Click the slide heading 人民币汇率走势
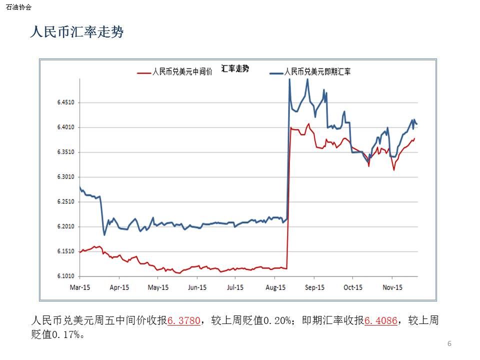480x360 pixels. coord(77,32)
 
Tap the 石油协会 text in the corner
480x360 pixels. coord(18,7)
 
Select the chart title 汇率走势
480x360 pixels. coord(235,68)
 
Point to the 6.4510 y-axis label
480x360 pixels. coord(66,102)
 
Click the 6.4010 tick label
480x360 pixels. coord(66,127)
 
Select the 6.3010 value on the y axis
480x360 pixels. coord(66,176)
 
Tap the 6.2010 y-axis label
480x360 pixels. coord(66,226)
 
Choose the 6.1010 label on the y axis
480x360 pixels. coord(66,276)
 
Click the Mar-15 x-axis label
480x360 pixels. coord(80,287)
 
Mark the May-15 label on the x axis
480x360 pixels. coord(158,287)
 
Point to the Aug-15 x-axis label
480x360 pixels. coord(275,287)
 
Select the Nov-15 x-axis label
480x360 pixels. coord(392,287)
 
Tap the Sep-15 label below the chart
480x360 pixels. coord(314,287)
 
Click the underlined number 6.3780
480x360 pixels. coord(184,320)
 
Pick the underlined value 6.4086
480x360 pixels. coord(381,320)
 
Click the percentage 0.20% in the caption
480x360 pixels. coord(277,320)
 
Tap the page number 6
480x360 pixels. coord(449,343)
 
